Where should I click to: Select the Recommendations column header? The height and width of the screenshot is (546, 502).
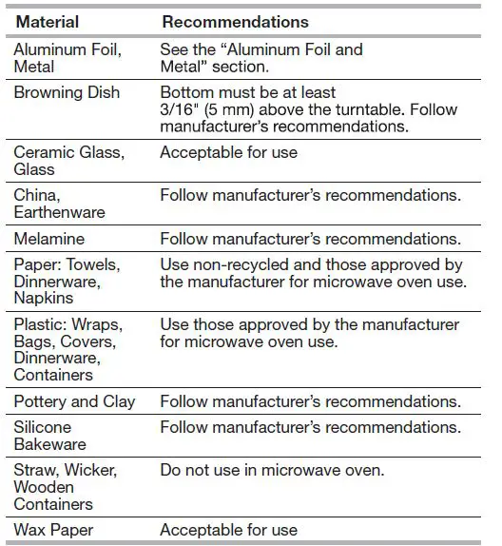coord(235,21)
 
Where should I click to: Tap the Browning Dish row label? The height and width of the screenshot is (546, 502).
coord(66,92)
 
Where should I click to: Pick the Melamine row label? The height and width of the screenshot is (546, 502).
coord(48,240)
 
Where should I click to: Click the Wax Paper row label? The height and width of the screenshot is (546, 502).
coord(52,529)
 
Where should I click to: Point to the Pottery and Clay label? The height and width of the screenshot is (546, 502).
coord(74,401)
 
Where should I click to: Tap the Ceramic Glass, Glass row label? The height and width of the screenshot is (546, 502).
coord(68,161)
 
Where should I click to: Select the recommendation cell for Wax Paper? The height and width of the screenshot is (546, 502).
coord(228,529)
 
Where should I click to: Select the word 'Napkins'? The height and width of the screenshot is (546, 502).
coord(44,298)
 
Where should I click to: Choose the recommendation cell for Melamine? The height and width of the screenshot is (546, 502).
coord(310,240)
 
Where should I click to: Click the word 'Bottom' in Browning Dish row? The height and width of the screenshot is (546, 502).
coord(186,92)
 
